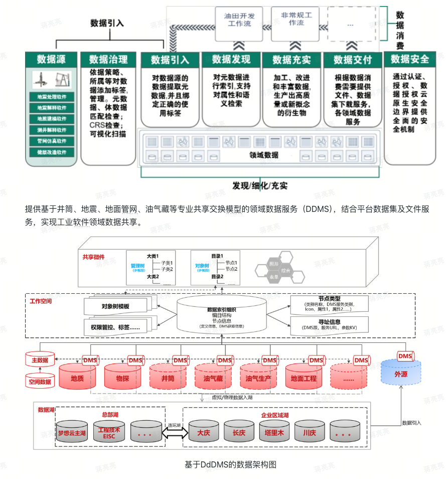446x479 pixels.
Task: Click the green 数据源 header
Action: (x=51, y=59)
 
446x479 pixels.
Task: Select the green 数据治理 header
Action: (x=108, y=59)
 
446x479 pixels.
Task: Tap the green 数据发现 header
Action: (x=231, y=59)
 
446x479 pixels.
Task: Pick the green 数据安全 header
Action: (x=410, y=59)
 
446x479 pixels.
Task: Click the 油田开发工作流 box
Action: (x=239, y=20)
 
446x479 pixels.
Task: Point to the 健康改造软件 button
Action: (x=52, y=152)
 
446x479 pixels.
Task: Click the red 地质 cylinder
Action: (x=77, y=378)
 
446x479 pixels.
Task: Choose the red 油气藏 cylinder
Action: (x=213, y=378)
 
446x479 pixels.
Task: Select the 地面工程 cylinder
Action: (x=303, y=378)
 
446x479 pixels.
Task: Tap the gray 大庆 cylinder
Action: (x=203, y=432)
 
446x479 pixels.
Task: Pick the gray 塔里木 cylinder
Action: (x=274, y=432)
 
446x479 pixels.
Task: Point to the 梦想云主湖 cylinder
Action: (x=72, y=432)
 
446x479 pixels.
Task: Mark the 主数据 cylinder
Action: (x=40, y=360)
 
